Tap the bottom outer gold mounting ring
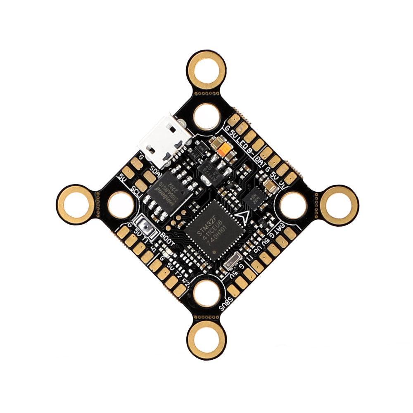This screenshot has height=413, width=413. [x=206, y=340]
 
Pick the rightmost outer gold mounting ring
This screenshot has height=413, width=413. [x=339, y=204]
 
